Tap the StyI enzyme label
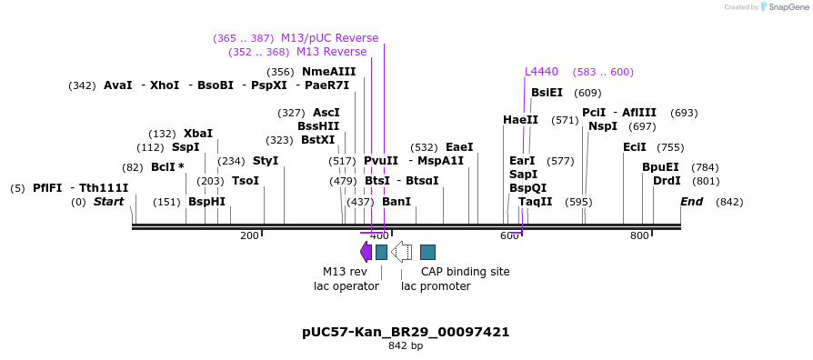tap(266, 161)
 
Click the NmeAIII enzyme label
tap(328, 72)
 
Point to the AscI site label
tap(326, 113)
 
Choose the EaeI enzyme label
tap(459, 147)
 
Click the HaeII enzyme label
tap(520, 120)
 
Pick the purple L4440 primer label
tap(541, 72)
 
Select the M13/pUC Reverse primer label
tap(329, 38)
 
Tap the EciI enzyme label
tap(634, 147)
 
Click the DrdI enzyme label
tap(667, 181)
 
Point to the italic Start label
tap(108, 202)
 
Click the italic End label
tap(691, 202)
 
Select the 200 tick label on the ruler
tap(249, 236)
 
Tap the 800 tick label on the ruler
tap(639, 236)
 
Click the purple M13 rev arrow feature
tap(366, 252)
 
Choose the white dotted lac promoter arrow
tap(401, 252)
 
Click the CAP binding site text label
tap(465, 272)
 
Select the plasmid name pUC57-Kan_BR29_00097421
tap(406, 332)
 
